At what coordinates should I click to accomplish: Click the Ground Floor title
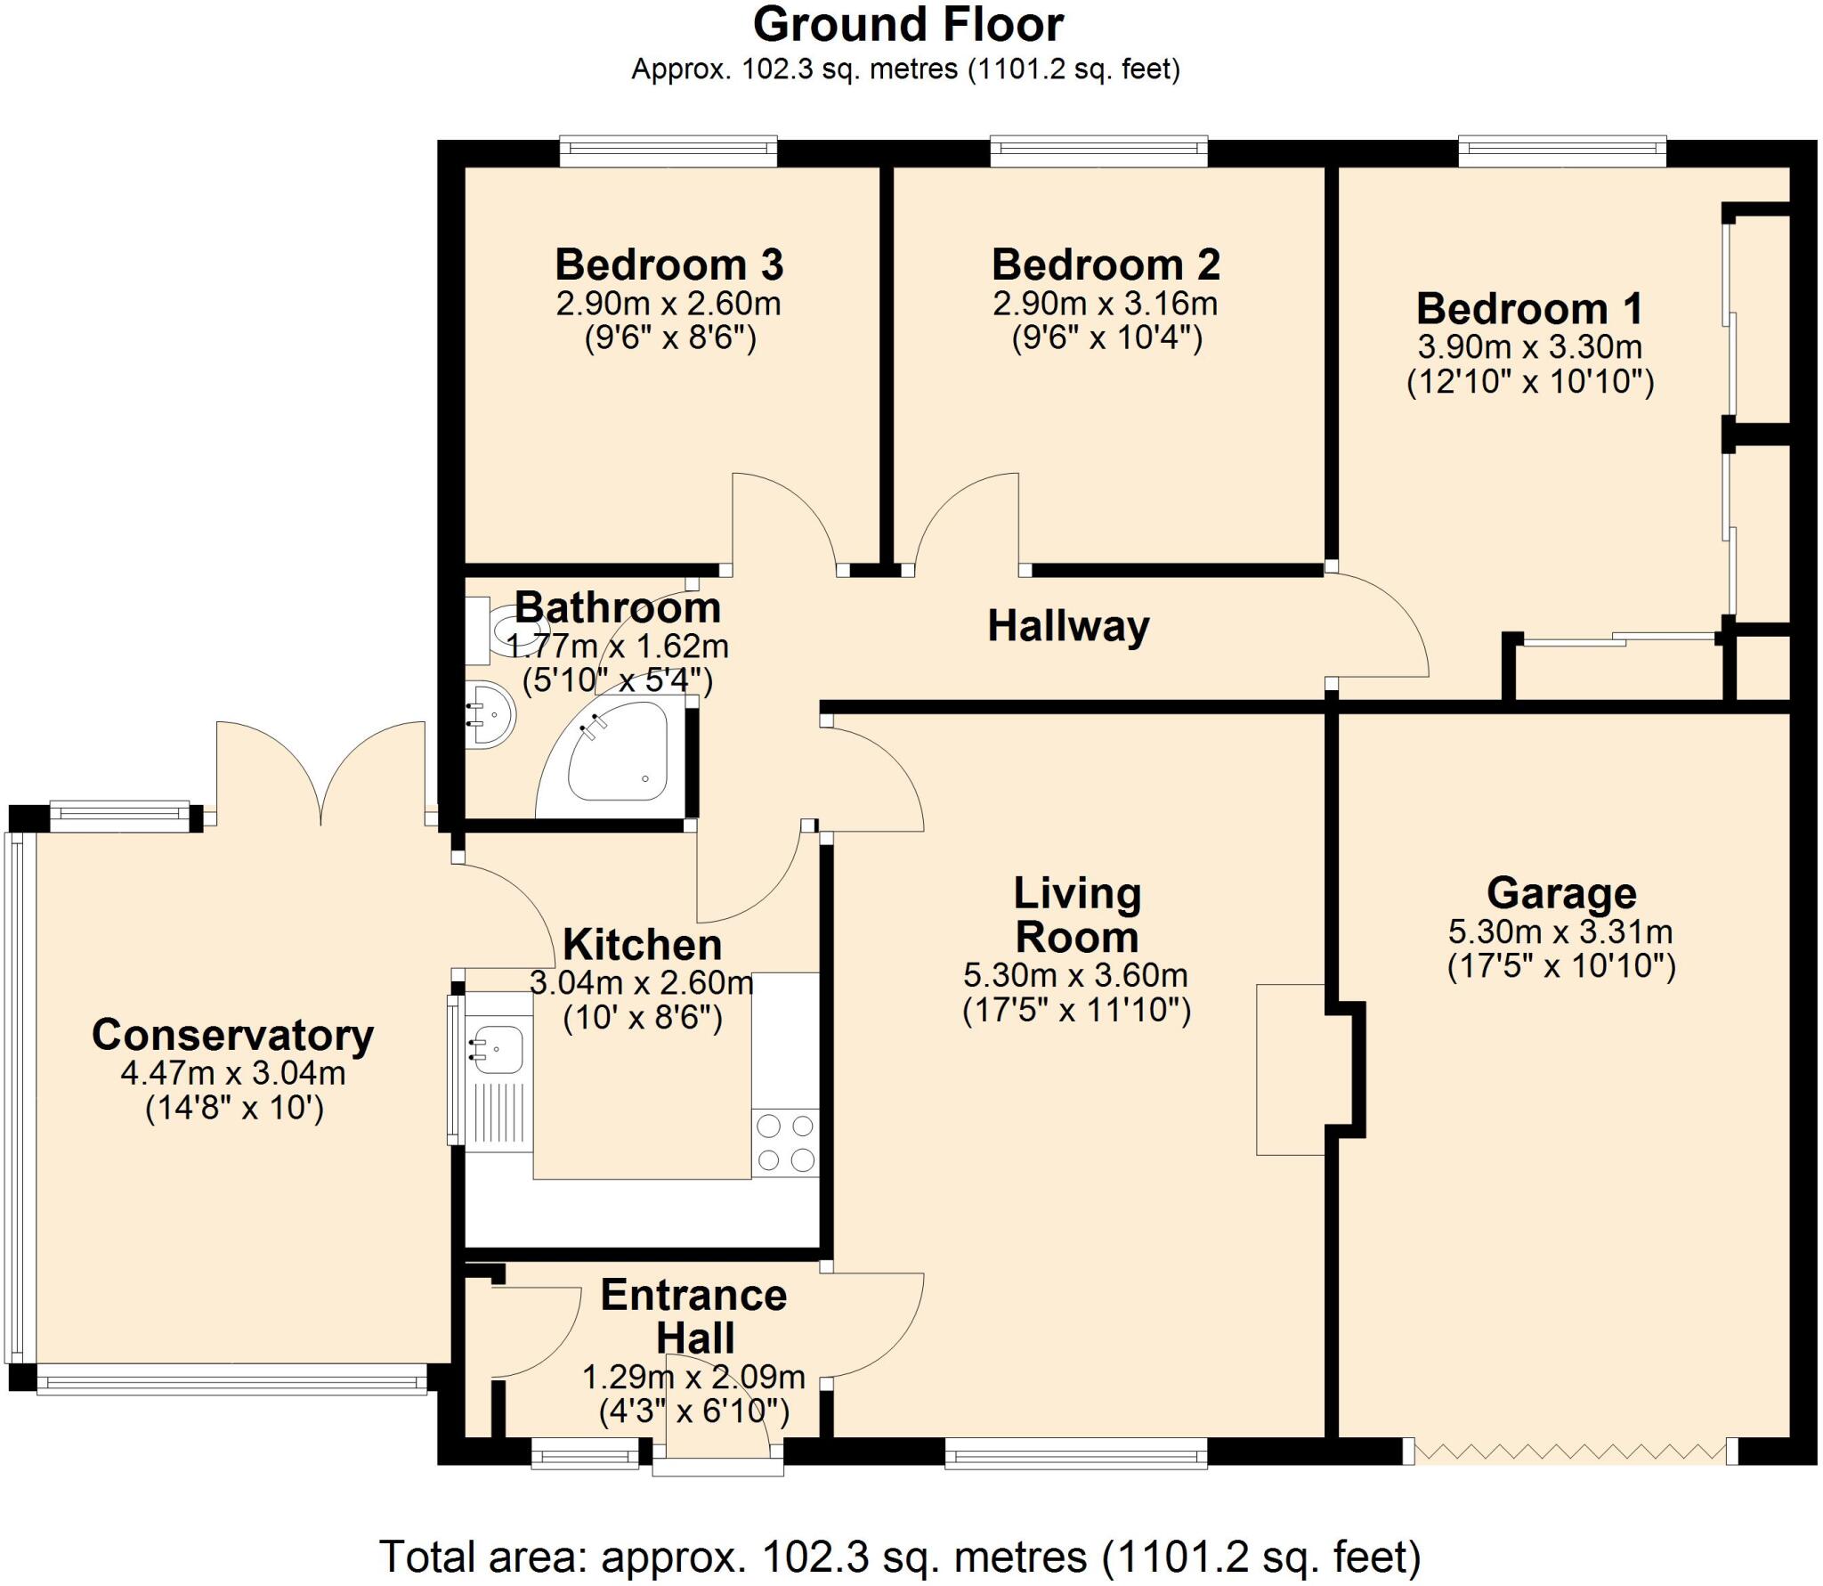(x=907, y=25)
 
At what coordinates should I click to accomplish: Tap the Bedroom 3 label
(x=668, y=264)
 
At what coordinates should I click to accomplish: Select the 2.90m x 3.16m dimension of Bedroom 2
(x=1105, y=304)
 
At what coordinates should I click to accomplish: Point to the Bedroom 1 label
(x=1529, y=309)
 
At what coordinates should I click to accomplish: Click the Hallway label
(x=1068, y=626)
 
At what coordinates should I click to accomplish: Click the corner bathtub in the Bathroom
(x=618, y=757)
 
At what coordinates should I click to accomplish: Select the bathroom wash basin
(x=490, y=713)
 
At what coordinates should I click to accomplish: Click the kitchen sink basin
(x=499, y=1050)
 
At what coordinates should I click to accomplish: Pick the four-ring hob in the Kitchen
(x=785, y=1143)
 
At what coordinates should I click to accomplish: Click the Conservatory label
(x=233, y=1035)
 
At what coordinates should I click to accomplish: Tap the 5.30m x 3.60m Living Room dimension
(x=1075, y=975)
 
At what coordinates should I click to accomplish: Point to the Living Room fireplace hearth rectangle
(x=1290, y=1069)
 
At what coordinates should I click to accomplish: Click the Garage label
(x=1561, y=893)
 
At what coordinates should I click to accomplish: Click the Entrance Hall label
(x=693, y=1316)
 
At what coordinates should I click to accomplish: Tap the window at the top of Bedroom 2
(x=1098, y=150)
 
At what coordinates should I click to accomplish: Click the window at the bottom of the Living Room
(x=1075, y=1457)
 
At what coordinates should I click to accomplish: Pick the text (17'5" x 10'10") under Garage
(x=1561, y=966)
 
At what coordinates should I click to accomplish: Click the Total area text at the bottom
(x=900, y=1556)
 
